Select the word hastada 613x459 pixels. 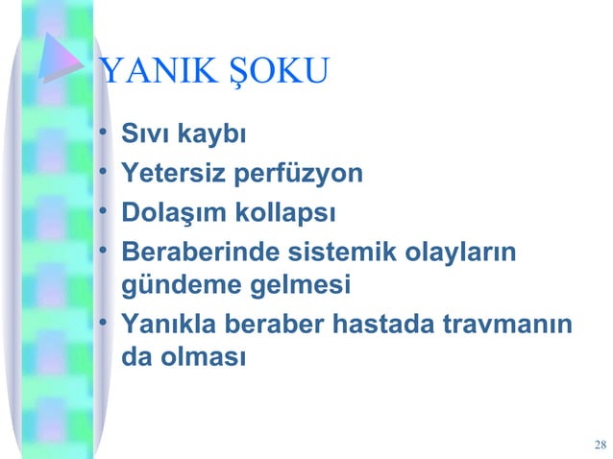point(381,325)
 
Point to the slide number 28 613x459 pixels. point(601,444)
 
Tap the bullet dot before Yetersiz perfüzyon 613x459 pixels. point(103,174)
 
